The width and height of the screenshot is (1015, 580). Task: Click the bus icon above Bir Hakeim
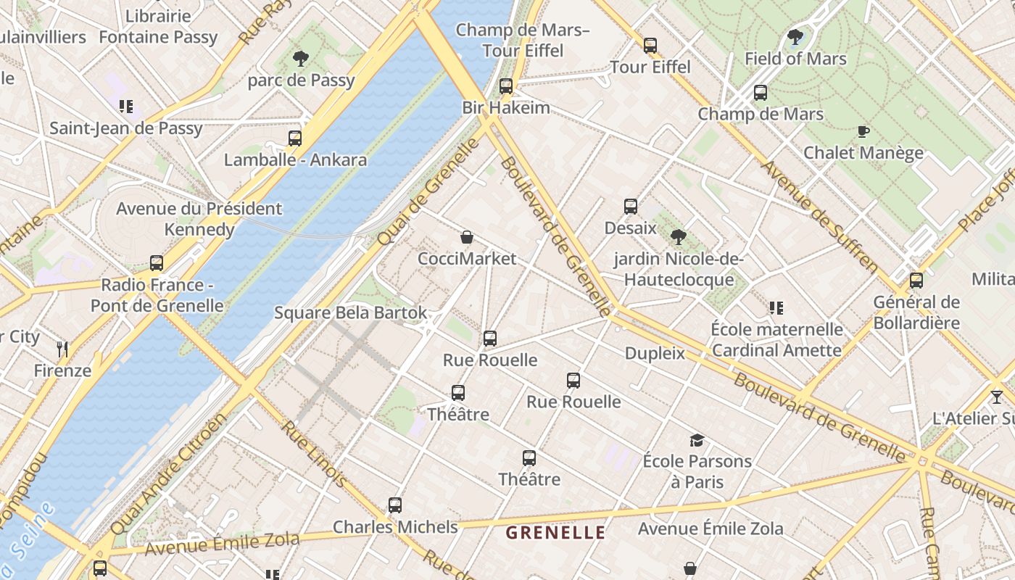click(x=506, y=86)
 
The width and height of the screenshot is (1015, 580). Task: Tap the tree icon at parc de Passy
click(x=300, y=59)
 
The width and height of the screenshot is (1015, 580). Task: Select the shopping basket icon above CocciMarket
click(x=467, y=237)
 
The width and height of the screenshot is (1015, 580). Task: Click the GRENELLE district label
click(x=555, y=533)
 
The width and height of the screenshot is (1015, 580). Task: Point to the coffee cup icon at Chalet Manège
click(x=863, y=131)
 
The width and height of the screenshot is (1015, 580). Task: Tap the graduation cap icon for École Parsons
click(x=697, y=439)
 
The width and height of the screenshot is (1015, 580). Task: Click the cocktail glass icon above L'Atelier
click(x=997, y=397)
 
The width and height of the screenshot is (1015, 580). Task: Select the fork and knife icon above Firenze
click(x=62, y=349)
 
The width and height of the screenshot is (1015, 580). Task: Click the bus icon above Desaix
click(x=630, y=207)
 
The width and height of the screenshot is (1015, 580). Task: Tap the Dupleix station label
click(x=655, y=353)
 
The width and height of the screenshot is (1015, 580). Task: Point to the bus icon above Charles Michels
click(x=395, y=505)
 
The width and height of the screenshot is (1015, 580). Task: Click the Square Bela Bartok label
click(x=350, y=313)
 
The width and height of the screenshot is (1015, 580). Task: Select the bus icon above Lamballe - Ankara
click(x=294, y=138)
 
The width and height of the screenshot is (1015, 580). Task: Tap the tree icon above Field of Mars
click(x=795, y=37)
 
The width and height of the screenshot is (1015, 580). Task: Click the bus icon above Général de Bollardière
click(x=916, y=281)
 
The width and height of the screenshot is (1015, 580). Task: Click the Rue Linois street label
click(x=314, y=453)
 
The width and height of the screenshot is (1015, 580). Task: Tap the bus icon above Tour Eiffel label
click(x=650, y=45)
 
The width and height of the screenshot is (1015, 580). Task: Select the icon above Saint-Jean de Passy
click(x=126, y=107)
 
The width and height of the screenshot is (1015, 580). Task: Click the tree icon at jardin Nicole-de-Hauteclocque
click(x=679, y=236)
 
